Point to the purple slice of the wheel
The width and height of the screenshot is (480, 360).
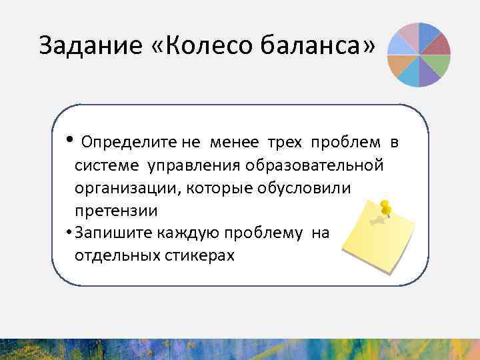(x=428, y=77)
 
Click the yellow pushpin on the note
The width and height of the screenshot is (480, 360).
(x=385, y=210)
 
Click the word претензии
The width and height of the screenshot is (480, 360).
(x=116, y=211)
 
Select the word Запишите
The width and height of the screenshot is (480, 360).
(x=113, y=233)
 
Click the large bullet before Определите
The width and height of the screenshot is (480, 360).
(x=70, y=139)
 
